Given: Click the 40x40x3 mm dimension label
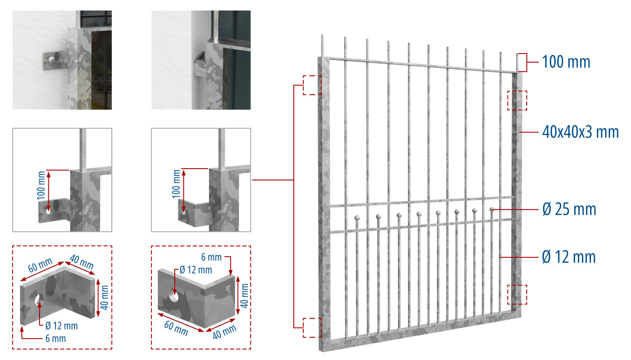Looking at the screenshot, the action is click(580, 132).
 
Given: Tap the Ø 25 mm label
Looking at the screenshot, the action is click(569, 209).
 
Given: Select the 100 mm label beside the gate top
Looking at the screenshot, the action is click(566, 62).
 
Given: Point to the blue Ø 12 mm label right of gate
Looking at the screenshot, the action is click(569, 257).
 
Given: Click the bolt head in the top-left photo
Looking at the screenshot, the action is click(51, 60).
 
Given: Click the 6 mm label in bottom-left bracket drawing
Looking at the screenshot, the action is click(56, 338).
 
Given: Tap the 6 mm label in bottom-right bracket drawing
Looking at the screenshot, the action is click(211, 257).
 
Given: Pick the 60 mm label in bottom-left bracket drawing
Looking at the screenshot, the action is click(40, 265).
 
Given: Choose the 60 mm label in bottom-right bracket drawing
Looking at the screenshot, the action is click(176, 328).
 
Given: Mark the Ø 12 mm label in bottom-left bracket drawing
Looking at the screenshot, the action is click(61, 326).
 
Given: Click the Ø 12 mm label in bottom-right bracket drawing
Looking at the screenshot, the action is click(196, 270).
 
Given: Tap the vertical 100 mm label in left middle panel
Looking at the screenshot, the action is click(41, 185).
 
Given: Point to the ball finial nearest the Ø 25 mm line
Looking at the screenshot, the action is click(492, 209).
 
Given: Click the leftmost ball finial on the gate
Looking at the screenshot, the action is click(357, 218).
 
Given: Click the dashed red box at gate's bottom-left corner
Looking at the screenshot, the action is click(312, 328).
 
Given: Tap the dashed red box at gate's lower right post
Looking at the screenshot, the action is click(517, 295).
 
